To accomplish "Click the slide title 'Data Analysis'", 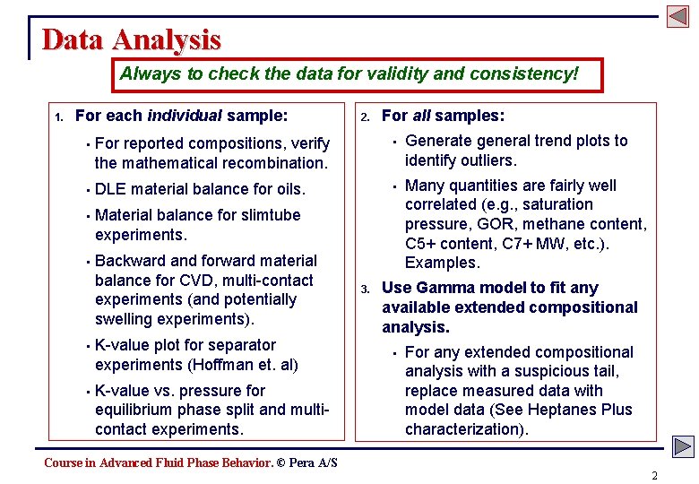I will [131, 39].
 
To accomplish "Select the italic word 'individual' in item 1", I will [185, 116].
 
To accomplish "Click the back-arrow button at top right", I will [677, 16].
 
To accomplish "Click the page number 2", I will [654, 475].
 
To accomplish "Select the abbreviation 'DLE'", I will [110, 189].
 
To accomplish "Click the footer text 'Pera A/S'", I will [313, 462].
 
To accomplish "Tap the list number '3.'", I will [366, 289].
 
